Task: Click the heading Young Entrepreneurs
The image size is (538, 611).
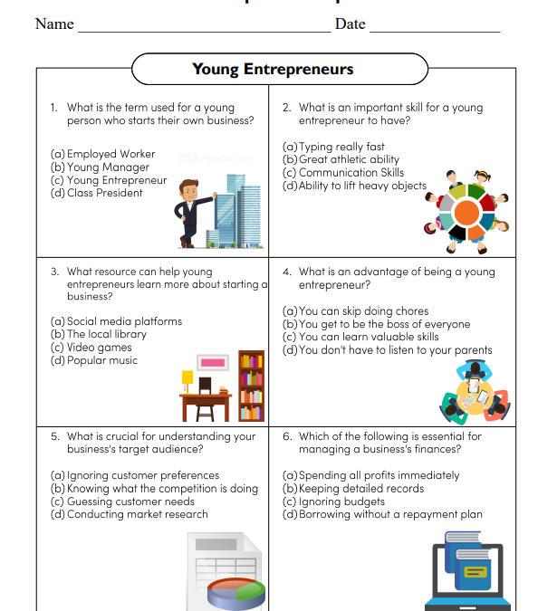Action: coord(273,69)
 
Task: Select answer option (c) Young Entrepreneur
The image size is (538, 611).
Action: coord(110,180)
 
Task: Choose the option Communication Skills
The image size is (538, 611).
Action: coord(343,173)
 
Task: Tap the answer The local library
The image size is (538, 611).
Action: coord(99,334)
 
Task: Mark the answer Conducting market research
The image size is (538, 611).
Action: coord(130,514)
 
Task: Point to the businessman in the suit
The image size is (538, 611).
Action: coord(190,212)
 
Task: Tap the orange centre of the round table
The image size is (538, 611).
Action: coord(466,213)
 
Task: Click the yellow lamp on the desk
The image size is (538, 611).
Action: coord(187,377)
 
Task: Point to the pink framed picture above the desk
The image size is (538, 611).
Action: coord(211,362)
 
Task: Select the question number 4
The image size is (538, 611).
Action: coord(286,272)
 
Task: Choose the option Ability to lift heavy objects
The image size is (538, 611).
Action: coord(355,186)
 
